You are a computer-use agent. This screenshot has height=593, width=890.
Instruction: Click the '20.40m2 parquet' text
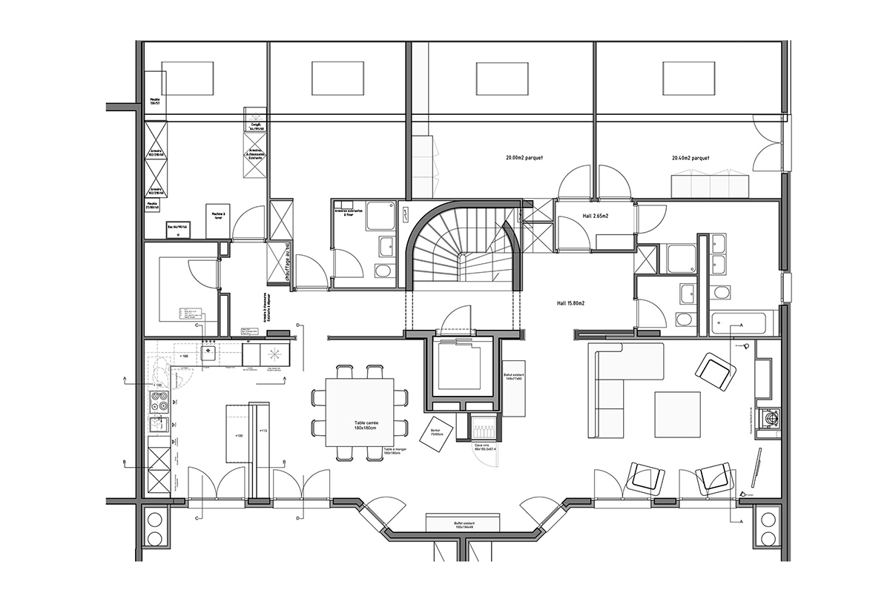point(690,158)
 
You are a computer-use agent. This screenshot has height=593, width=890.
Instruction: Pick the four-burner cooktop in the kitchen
point(159,401)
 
